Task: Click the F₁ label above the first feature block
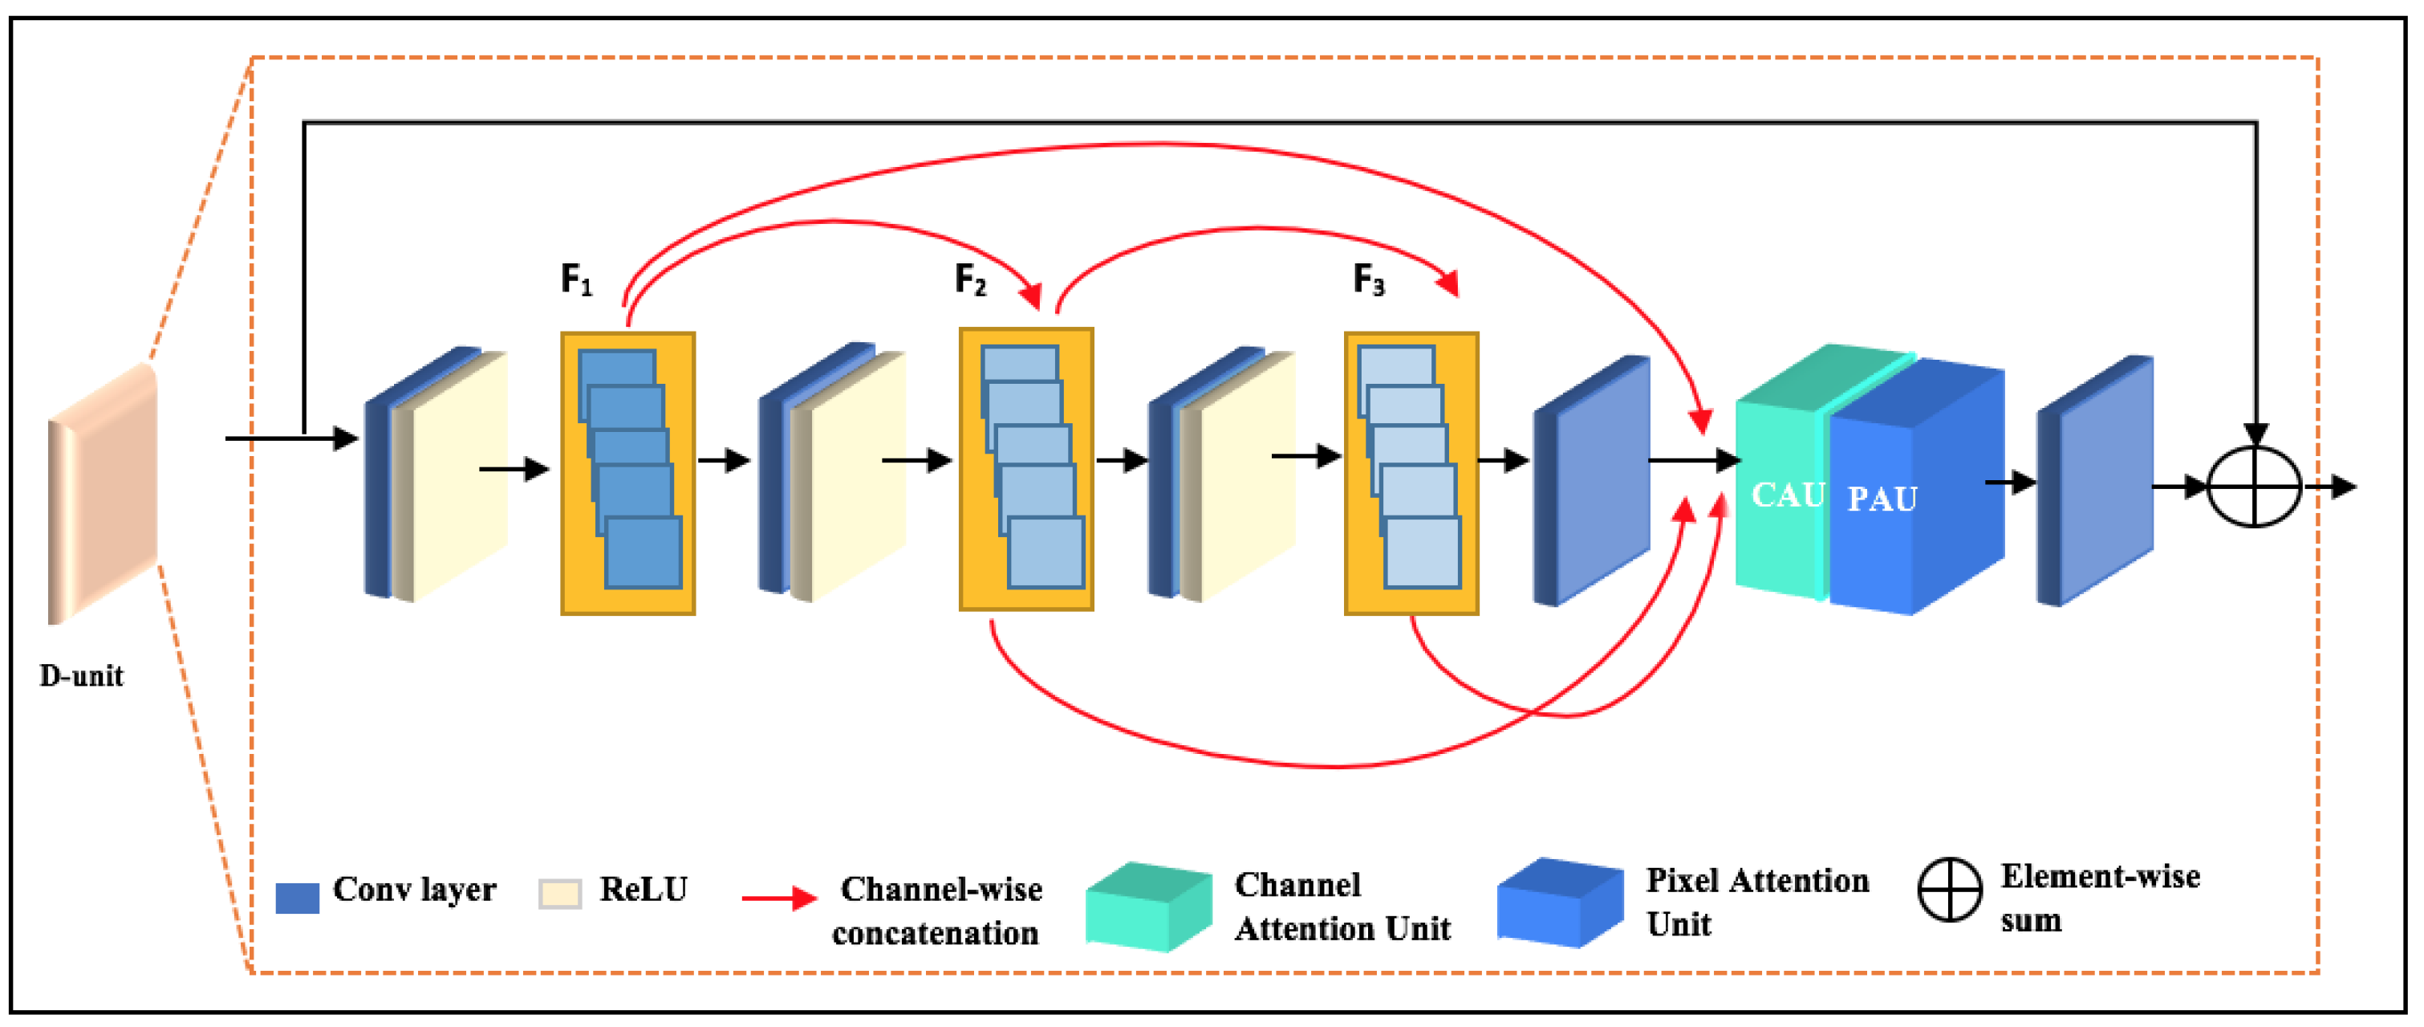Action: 576,279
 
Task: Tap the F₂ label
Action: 970,279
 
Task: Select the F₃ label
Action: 1368,279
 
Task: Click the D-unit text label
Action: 81,676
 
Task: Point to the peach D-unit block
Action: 103,494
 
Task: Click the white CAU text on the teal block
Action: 1787,495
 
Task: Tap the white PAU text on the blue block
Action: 1881,499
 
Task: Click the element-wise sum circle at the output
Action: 2254,487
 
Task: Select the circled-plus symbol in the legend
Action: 1949,890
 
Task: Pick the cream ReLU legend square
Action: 559,894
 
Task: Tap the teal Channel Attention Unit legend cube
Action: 1148,907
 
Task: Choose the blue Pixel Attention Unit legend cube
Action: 1559,902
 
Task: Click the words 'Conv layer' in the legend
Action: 414,890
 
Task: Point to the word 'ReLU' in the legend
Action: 644,890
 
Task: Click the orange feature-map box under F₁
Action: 627,474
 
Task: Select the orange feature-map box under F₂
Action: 1025,470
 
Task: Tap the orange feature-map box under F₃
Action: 1411,474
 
